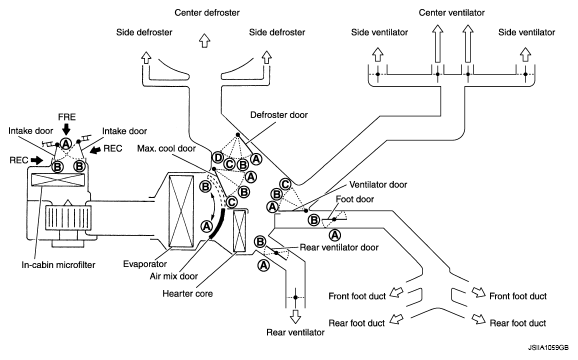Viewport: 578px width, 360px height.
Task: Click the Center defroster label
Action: tap(207, 13)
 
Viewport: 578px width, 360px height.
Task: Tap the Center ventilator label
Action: tap(451, 13)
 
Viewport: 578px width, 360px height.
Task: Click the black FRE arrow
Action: tap(66, 129)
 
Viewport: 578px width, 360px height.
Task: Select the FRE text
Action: tap(67, 117)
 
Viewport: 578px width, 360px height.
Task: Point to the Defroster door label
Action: tap(279, 115)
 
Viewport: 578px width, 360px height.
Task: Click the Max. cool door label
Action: tap(166, 148)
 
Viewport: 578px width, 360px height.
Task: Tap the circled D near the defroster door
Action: tap(218, 158)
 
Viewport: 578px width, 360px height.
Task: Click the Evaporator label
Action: tap(145, 264)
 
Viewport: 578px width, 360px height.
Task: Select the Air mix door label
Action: tap(174, 276)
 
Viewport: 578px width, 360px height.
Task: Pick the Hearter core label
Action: tap(187, 294)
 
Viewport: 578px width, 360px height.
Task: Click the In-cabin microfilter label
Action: tap(58, 265)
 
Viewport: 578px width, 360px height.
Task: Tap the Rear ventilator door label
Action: tap(339, 247)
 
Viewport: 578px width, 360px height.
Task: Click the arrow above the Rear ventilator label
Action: tap(295, 317)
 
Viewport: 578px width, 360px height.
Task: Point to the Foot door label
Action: tap(355, 199)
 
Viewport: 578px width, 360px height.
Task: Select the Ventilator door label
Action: tap(378, 185)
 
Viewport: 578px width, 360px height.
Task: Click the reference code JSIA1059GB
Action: tap(548, 348)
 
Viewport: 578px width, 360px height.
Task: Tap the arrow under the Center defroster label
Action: tap(205, 41)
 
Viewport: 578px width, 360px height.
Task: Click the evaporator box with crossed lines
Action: tap(181, 211)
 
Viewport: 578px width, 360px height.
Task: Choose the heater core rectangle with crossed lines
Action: tap(240, 231)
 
